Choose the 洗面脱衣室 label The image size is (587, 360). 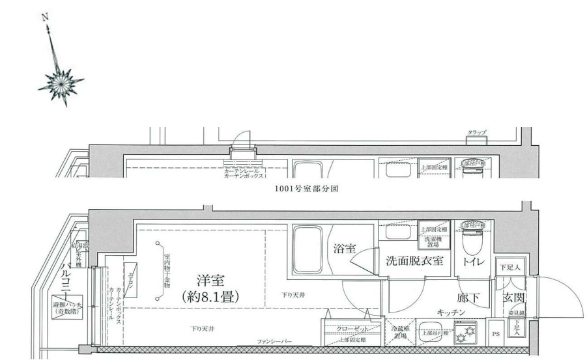coord(414,262)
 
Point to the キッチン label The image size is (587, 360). coord(451,313)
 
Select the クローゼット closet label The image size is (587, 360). coord(352,329)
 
